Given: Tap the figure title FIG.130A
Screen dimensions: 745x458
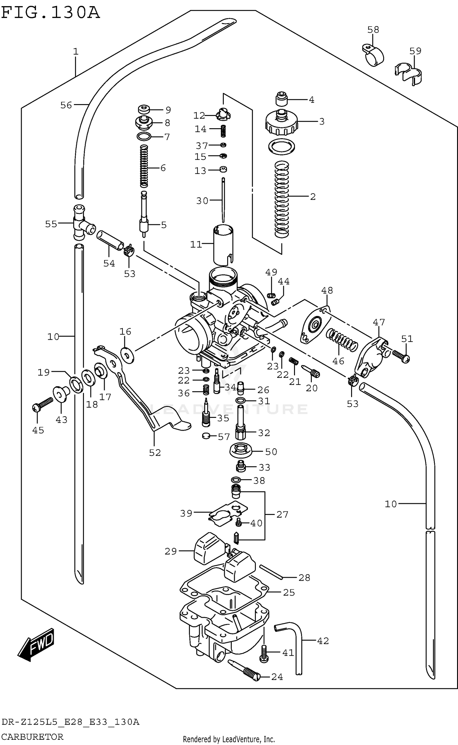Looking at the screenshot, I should pos(50,13).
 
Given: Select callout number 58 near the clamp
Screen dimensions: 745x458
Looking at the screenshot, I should pos(373,30).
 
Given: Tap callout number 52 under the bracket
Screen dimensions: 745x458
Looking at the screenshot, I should pos(155,452).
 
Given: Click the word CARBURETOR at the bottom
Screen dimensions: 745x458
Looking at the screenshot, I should pos(32,737).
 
